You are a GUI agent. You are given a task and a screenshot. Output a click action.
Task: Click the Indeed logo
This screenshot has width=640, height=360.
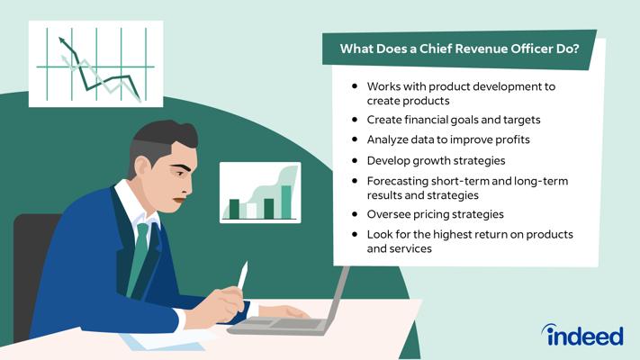click(582, 335)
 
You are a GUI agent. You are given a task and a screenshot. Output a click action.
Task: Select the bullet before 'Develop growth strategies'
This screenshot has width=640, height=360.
click(355, 160)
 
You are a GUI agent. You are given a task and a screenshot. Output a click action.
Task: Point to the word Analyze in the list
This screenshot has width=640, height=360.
click(387, 140)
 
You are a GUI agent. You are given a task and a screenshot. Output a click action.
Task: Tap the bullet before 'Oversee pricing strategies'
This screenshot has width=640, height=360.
click(355, 214)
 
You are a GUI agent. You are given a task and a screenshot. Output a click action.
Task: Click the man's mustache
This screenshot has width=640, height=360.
click(179, 200)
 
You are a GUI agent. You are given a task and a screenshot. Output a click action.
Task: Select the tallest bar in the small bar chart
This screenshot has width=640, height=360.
click(286, 202)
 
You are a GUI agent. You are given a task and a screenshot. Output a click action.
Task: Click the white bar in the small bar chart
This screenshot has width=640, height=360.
click(251, 211)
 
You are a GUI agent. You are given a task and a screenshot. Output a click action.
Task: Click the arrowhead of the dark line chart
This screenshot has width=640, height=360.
click(62, 40)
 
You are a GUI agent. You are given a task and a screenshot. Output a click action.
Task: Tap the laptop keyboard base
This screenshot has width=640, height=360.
click(277, 325)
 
